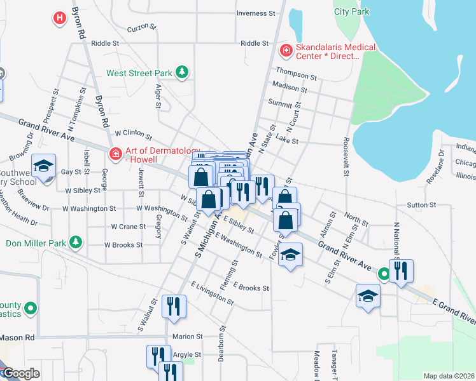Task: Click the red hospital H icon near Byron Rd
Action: coord(59,18)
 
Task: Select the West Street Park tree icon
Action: coord(183,72)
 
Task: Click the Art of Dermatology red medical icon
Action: coord(115,153)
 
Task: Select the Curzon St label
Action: coord(141,27)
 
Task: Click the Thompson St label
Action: coord(296,76)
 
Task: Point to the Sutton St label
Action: coord(421,205)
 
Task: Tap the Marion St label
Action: coord(188,337)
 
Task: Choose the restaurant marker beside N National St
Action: coord(402,271)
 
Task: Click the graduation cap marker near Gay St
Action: coord(43,167)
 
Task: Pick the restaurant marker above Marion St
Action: coord(172,307)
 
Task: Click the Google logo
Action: coord(20,374)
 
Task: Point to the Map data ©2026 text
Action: coord(449,376)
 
